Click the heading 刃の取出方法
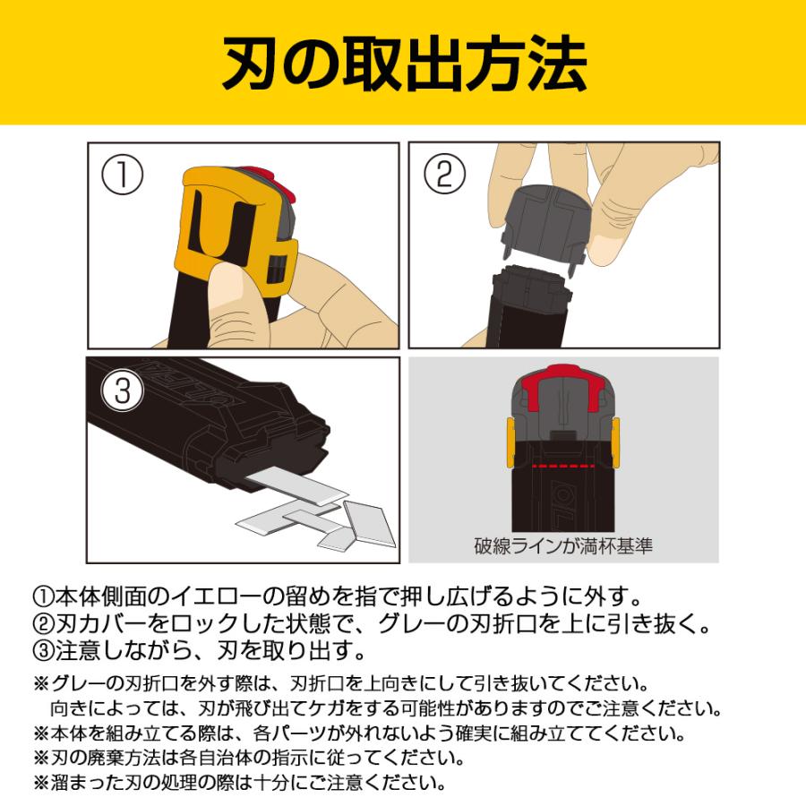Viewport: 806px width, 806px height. pos(403,64)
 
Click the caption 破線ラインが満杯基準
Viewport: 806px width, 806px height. pos(563,545)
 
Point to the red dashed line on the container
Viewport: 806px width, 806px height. pos(562,467)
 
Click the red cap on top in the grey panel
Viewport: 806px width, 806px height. pos(562,381)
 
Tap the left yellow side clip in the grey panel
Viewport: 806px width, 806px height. pos(509,440)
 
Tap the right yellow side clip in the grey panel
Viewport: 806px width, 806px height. pos(616,440)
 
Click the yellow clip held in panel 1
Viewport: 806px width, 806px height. pos(224,224)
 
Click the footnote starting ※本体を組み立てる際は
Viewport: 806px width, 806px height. pos(359,733)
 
